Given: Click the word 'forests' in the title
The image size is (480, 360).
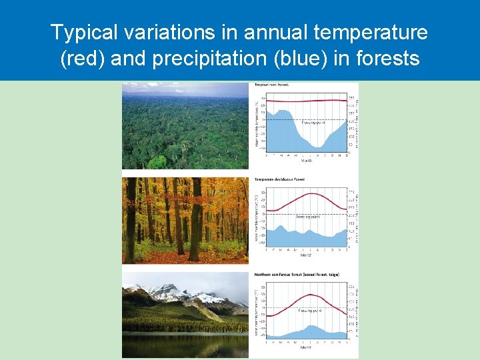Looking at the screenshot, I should pos(388,59).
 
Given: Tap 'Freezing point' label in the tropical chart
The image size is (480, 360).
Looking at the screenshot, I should pos(313,123).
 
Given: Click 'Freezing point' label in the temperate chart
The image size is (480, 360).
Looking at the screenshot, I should pos(307,217).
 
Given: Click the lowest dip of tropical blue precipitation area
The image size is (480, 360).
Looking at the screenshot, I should pos(319,147).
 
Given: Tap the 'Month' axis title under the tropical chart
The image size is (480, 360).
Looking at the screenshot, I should pos(306,161).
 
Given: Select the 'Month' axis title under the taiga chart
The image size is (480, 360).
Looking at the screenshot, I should pos(306,347).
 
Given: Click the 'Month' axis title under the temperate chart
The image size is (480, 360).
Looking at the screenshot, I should pos(306,255).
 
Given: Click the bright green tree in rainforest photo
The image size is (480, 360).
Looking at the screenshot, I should pos(159,163).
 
